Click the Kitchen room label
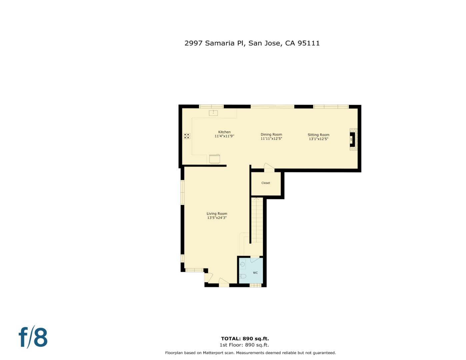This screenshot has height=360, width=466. click(224, 132)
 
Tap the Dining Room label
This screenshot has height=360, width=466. click(271, 135)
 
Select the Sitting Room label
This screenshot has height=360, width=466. click(318, 135)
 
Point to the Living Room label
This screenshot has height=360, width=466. click(217, 214)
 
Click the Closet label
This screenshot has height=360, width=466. click(266, 183)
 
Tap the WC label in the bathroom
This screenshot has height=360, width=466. click(255, 273)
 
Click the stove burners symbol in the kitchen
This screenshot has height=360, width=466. click(187, 136)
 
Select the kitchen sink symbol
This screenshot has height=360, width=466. click(213, 113)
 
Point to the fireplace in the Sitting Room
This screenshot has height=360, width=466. click(352, 139)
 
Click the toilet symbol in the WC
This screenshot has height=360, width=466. click(243, 276)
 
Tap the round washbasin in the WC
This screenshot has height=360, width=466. click(243, 264)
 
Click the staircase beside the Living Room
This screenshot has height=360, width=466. click(257, 220)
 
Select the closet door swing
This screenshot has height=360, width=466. click(269, 167)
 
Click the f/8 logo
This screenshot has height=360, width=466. click(33, 337)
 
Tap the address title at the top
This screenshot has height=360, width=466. click(252, 43)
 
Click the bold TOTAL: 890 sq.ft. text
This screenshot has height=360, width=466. click(245, 339)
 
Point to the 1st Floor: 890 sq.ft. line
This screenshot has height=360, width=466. click(244, 345)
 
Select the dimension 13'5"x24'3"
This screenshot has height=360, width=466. click(217, 218)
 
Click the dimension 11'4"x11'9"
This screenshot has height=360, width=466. click(224, 136)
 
